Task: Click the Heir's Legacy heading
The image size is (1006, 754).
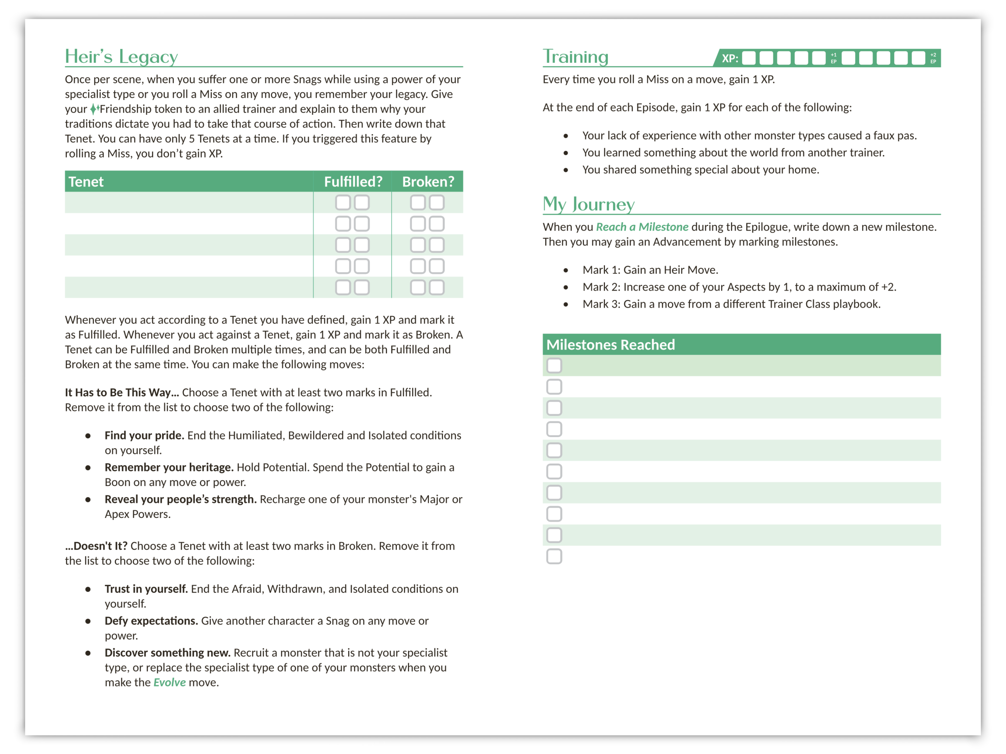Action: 121,57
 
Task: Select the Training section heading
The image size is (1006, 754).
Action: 575,57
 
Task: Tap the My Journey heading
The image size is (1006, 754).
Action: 589,205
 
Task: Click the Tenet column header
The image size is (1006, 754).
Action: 86,182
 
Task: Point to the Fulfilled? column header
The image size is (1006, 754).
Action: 353,182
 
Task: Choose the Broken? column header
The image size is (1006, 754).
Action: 428,182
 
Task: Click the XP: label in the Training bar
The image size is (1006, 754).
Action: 729,58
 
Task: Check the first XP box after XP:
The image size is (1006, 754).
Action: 749,58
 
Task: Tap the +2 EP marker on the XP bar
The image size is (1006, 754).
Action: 933,58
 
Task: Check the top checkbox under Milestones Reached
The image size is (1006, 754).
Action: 554,365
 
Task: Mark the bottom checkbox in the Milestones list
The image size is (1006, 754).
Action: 554,556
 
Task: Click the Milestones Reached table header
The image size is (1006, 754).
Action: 610,345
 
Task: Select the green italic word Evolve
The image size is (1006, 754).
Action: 169,682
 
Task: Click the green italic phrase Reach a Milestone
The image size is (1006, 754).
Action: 642,227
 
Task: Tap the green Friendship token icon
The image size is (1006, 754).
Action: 94,109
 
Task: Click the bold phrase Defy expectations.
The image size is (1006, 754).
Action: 151,621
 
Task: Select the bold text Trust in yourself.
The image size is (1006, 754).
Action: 146,589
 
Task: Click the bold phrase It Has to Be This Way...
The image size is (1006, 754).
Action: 122,392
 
